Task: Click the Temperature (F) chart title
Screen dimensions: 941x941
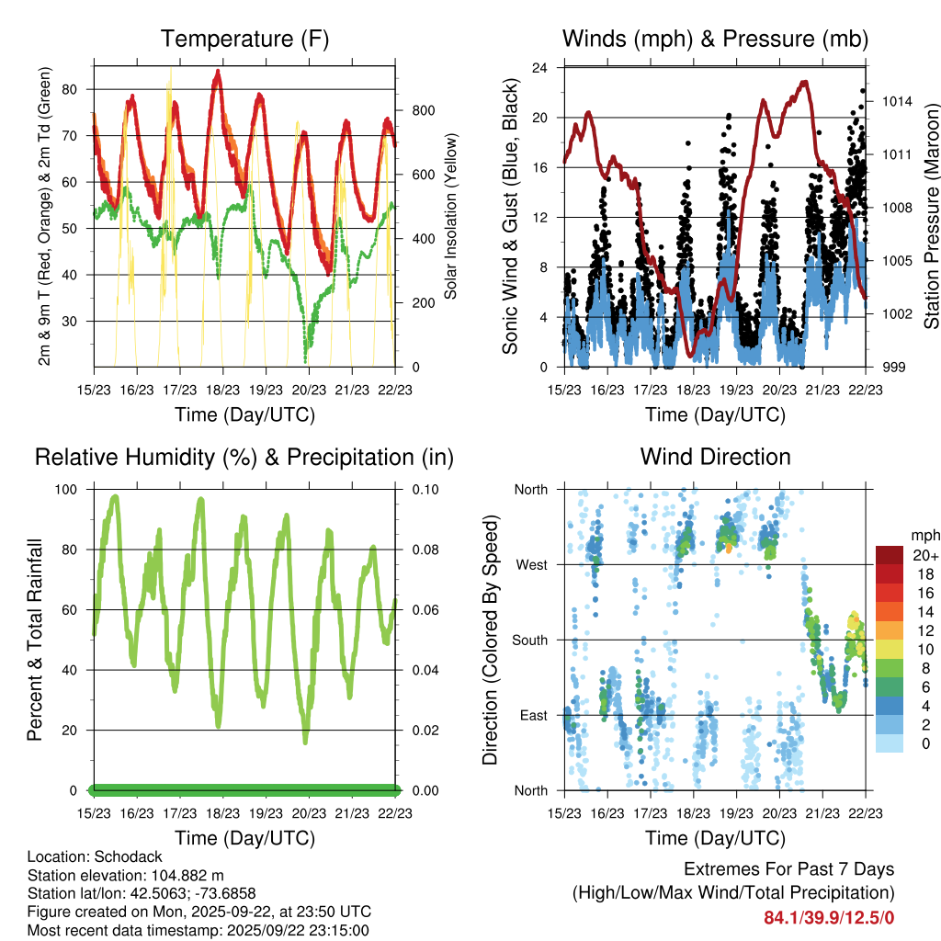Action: pyautogui.click(x=244, y=39)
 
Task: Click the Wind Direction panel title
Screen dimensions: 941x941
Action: pyautogui.click(x=715, y=457)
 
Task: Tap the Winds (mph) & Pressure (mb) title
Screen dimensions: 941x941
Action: pyautogui.click(x=715, y=39)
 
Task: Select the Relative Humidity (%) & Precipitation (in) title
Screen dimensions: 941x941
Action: pyautogui.click(x=244, y=457)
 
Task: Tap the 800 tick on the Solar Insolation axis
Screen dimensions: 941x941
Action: pyautogui.click(x=423, y=110)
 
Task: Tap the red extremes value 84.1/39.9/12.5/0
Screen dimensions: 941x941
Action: pyautogui.click(x=829, y=917)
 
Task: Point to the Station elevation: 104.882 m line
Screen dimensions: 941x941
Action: pyautogui.click(x=126, y=875)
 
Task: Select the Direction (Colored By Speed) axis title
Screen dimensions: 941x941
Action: pyautogui.click(x=491, y=640)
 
